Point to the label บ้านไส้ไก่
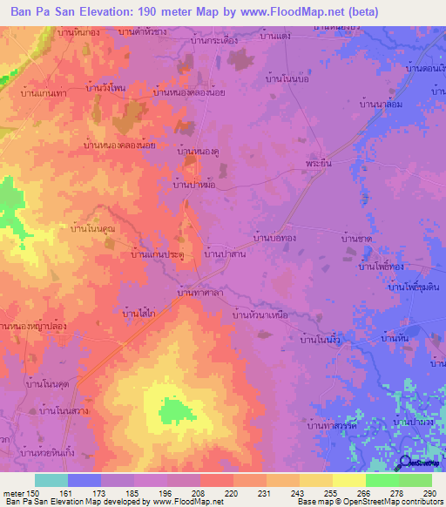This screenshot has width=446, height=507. click(x=139, y=311)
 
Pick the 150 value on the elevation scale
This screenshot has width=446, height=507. click(x=30, y=493)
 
